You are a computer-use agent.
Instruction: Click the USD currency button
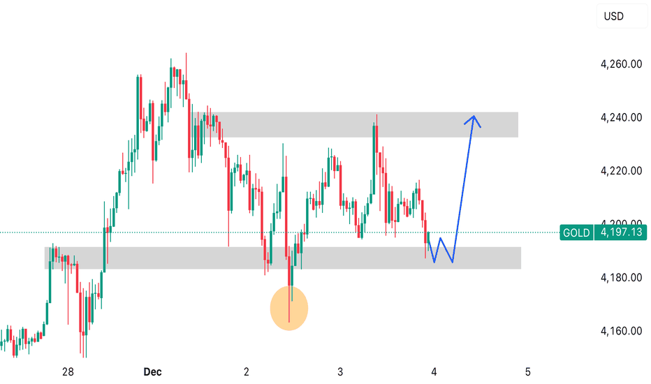tap(615, 17)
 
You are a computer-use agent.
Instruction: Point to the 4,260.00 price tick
tap(620, 64)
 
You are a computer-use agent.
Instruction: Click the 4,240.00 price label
tap(620, 117)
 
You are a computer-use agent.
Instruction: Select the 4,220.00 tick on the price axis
tap(620, 171)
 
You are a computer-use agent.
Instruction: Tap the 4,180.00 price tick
tap(620, 278)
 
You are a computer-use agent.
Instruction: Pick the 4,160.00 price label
tap(620, 331)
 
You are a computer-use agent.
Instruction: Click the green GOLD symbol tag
tap(576, 232)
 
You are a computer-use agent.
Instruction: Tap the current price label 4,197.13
tap(619, 232)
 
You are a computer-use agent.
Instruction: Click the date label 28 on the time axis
tap(68, 371)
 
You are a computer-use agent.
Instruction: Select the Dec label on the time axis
tap(152, 371)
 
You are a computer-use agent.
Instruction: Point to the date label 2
tap(247, 371)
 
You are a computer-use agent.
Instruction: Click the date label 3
tap(340, 371)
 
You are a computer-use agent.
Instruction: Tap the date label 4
tap(434, 371)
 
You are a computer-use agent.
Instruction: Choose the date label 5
tap(528, 371)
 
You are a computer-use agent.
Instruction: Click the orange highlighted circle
tap(288, 308)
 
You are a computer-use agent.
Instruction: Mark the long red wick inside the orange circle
tap(289, 307)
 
